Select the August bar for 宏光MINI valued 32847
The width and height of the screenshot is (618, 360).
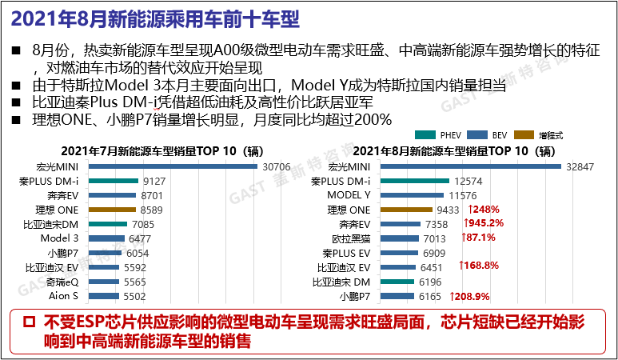click(x=471, y=166)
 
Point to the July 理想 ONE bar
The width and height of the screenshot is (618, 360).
click(x=113, y=210)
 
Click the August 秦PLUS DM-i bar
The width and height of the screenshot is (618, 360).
click(x=415, y=181)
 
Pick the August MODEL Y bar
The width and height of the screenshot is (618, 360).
click(x=413, y=195)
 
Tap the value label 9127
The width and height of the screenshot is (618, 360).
click(x=154, y=181)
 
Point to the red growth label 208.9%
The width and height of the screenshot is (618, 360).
click(x=472, y=296)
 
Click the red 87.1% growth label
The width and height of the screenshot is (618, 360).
click(x=479, y=238)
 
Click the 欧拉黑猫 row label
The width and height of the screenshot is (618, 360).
click(x=350, y=238)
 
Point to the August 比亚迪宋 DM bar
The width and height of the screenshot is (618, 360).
click(x=397, y=282)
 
